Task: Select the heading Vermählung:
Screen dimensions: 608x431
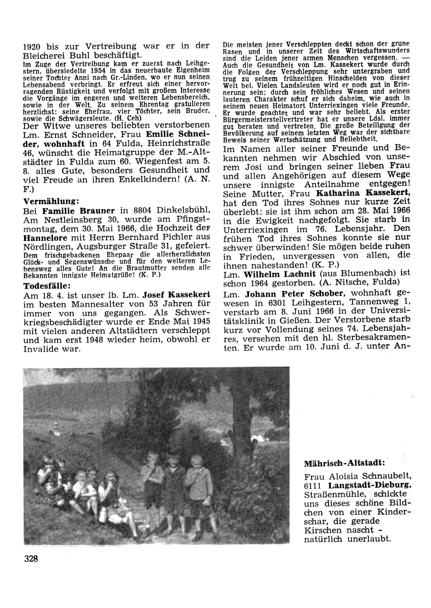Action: [50, 201]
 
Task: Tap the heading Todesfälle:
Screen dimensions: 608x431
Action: [47, 285]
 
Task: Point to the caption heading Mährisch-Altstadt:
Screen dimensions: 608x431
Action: [344, 464]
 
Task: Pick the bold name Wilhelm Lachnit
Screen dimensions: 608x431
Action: [278, 273]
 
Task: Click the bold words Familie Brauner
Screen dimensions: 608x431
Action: [79, 211]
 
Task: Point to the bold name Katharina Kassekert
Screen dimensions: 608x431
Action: [363, 194]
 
